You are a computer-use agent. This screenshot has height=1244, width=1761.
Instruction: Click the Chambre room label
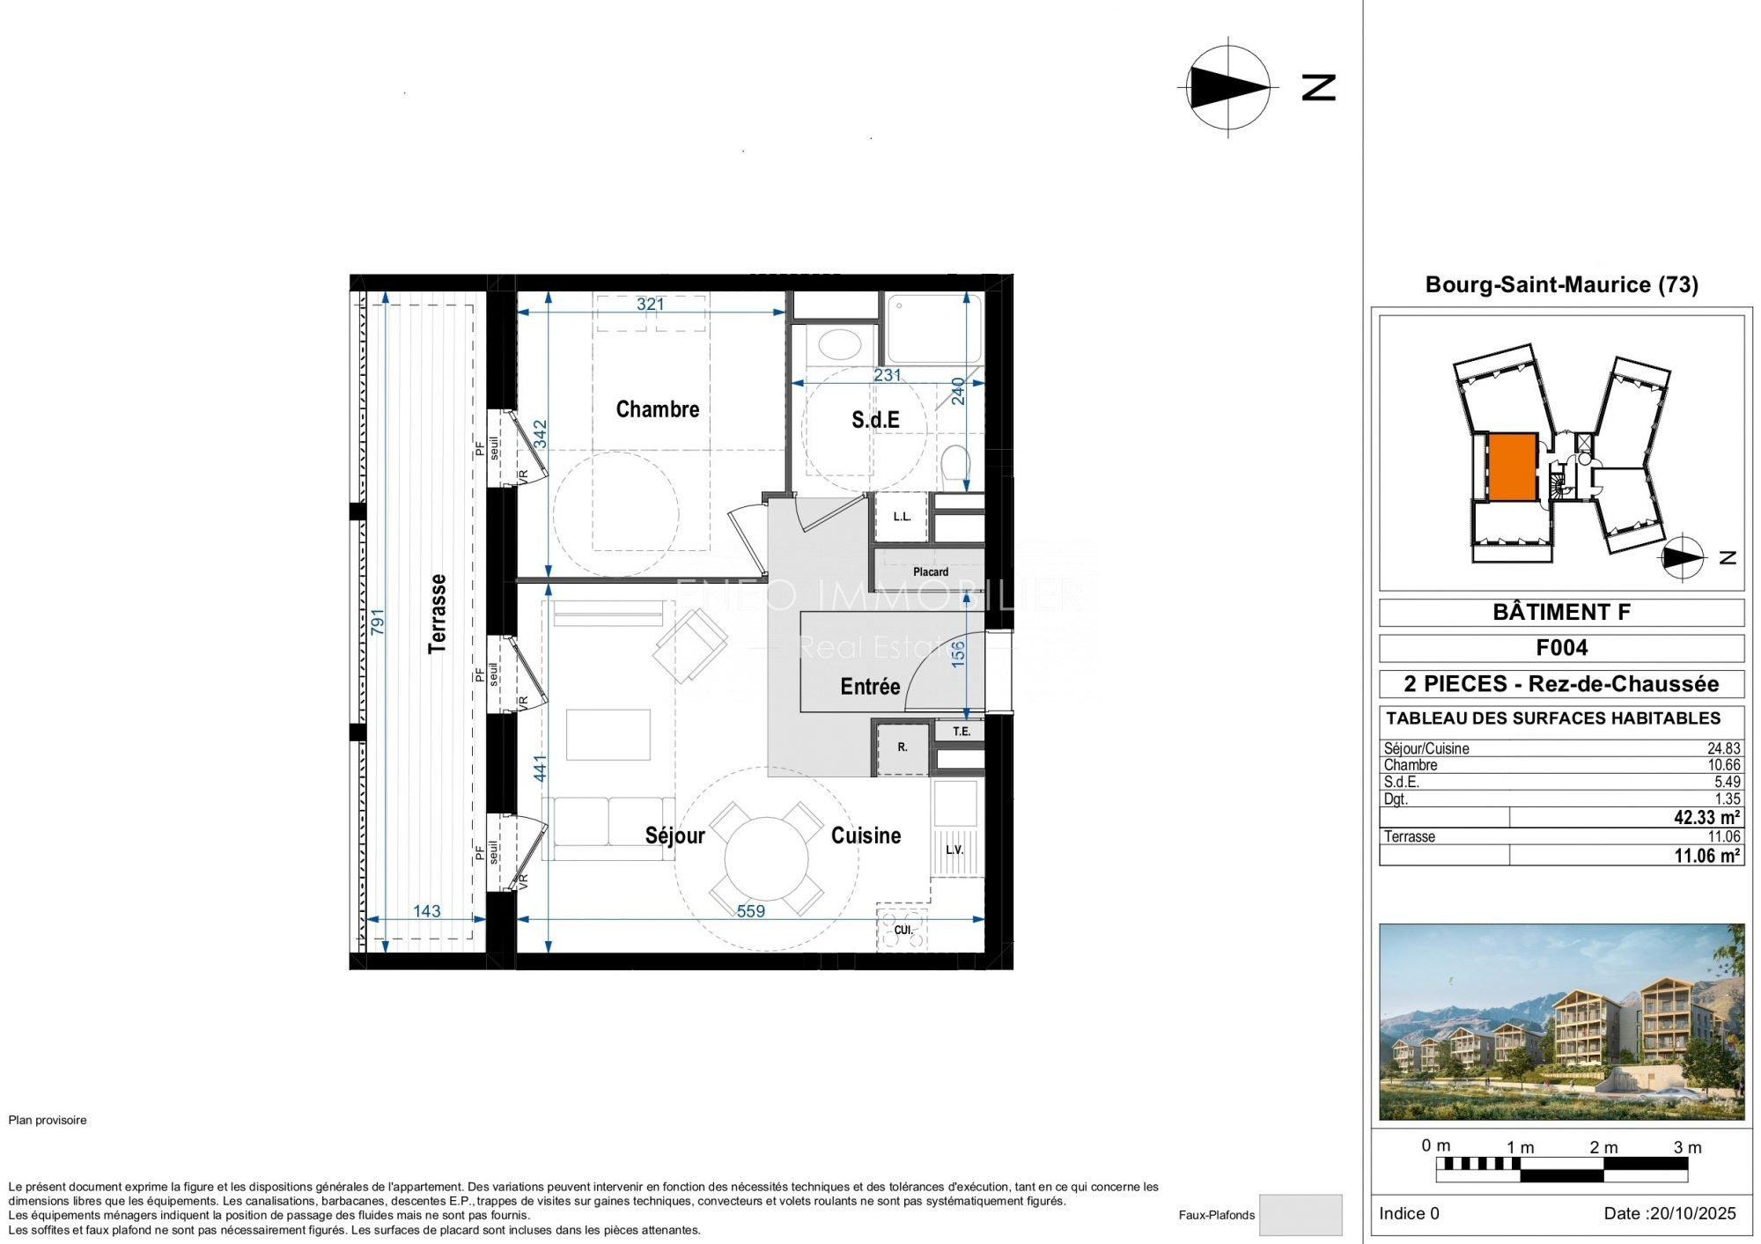[658, 409]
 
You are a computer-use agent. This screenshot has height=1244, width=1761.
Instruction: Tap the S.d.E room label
[875, 420]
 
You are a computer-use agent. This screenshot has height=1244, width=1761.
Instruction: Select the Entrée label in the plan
[870, 687]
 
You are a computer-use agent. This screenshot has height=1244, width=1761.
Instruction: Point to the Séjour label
[675, 835]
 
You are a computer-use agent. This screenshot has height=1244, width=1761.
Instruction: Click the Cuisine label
[866, 835]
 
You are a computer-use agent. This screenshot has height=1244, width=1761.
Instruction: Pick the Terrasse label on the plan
[437, 614]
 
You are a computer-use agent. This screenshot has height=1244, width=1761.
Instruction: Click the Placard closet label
[931, 572]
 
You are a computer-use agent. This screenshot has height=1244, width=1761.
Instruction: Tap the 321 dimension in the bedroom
[651, 304]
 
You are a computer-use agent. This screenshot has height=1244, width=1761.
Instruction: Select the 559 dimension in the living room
[751, 911]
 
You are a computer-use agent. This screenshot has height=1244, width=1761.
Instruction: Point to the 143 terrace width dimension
[427, 911]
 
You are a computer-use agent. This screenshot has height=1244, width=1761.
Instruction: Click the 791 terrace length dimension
[378, 622]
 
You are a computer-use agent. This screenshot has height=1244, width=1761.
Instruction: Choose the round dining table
[766, 858]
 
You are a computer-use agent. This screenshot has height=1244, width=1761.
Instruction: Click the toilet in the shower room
[955, 467]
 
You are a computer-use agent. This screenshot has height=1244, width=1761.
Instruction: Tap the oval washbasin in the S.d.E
[839, 344]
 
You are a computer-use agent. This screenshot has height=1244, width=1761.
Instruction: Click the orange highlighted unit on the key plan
[1513, 467]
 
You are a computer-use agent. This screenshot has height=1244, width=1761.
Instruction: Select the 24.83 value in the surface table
[1724, 748]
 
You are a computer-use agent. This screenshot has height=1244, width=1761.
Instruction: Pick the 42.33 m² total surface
[1706, 818]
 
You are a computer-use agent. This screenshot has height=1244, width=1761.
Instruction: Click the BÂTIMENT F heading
[1561, 612]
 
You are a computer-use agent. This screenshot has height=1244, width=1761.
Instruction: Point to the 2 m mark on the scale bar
[1603, 1147]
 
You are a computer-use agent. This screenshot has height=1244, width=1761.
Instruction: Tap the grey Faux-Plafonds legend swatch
[1300, 1215]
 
